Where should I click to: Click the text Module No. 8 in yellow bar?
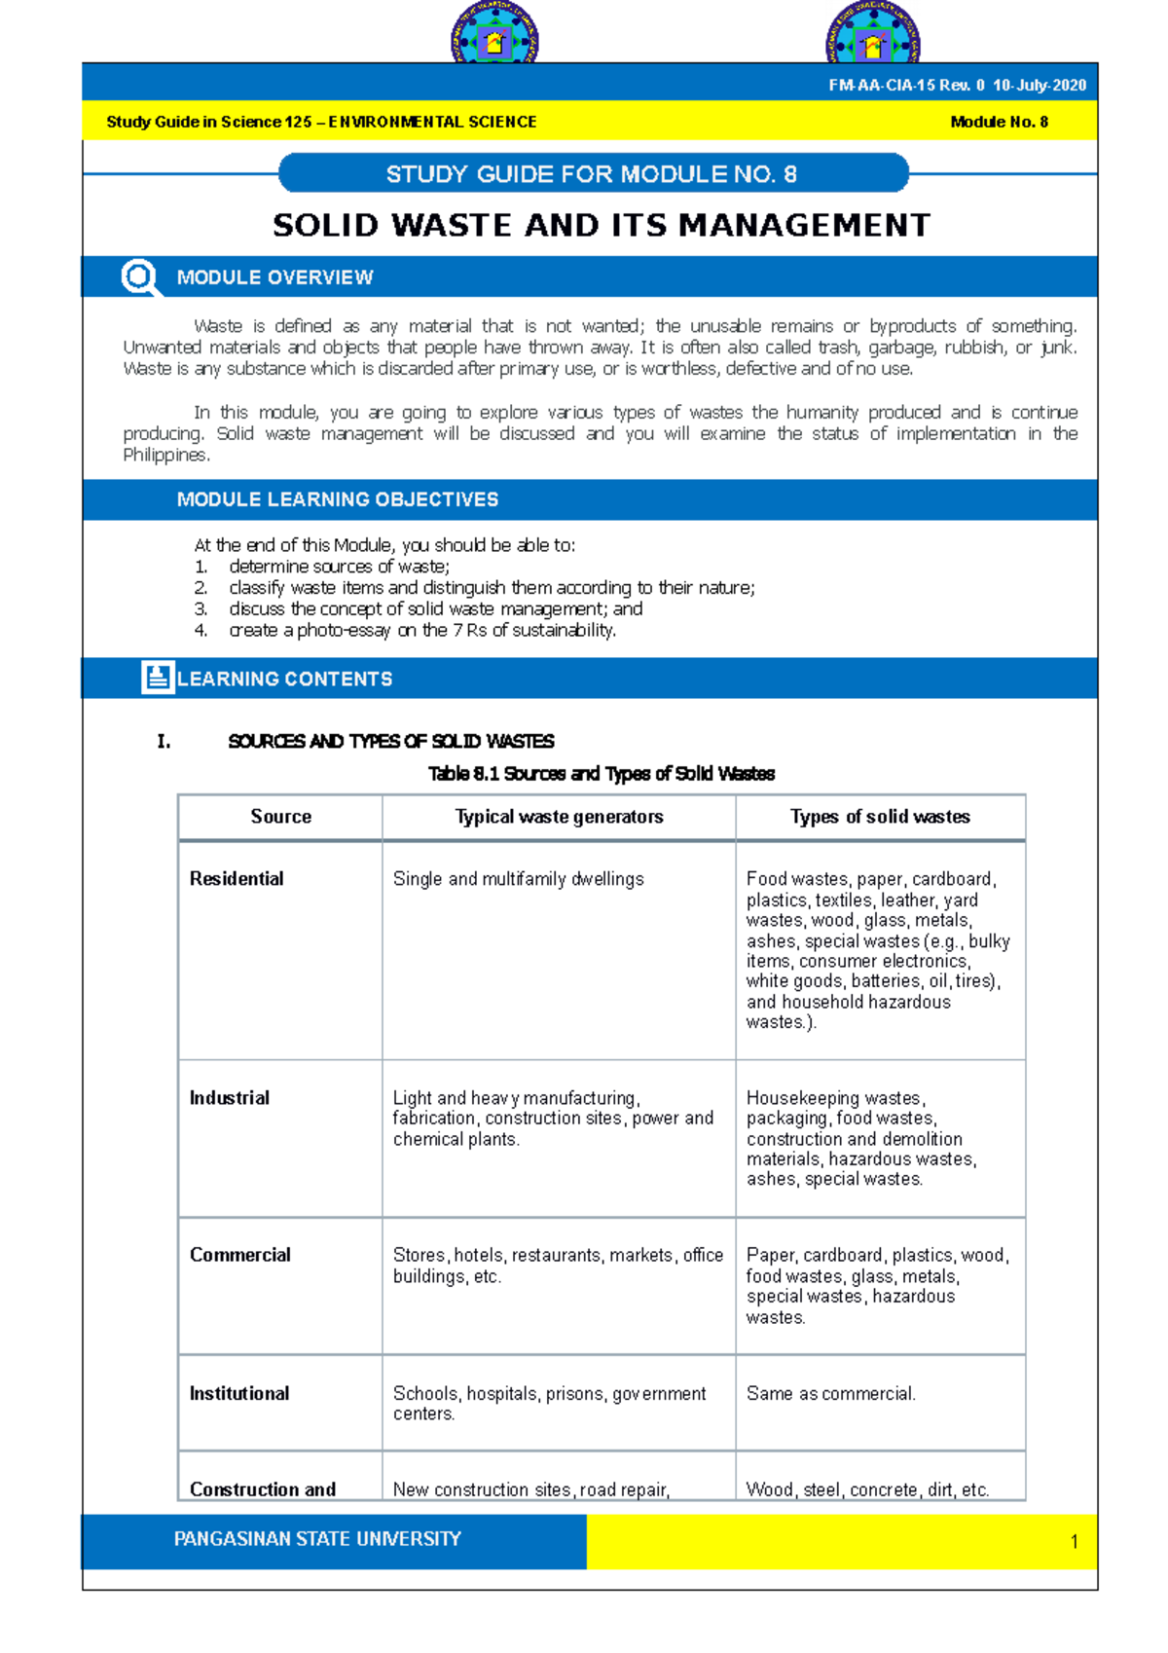[x=999, y=122]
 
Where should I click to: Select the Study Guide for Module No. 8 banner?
[x=593, y=174]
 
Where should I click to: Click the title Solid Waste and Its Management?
[x=601, y=225]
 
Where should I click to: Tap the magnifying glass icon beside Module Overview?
[x=140, y=277]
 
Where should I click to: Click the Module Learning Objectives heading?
[x=337, y=499]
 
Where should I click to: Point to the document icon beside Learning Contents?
[x=157, y=678]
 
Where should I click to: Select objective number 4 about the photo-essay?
[x=421, y=631]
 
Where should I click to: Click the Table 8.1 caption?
[x=601, y=774]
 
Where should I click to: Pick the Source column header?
[x=280, y=817]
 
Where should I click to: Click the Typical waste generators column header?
[x=559, y=817]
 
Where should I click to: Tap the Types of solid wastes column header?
[x=880, y=817]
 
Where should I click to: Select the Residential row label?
[x=237, y=879]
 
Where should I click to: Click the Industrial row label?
[x=230, y=1098]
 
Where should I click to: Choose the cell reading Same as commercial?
[x=830, y=1394]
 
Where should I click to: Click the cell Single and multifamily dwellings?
[x=518, y=879]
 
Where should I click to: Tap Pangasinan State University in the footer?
[x=317, y=1539]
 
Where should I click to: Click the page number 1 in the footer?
[x=1074, y=1541]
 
